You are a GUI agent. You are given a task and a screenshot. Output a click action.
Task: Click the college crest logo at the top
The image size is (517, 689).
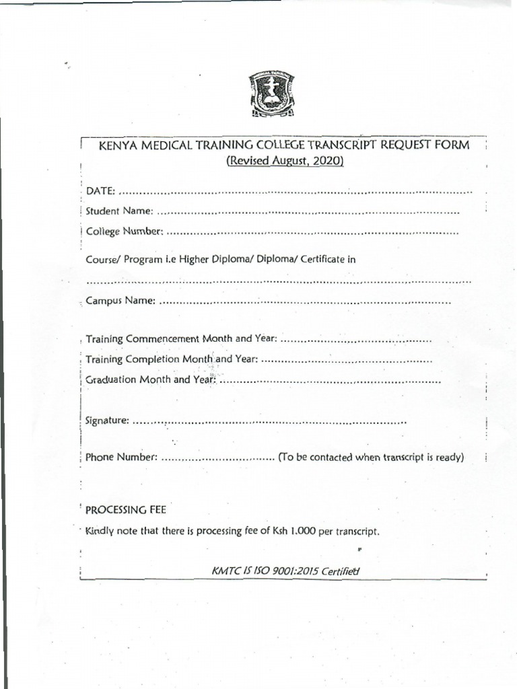coord(272,96)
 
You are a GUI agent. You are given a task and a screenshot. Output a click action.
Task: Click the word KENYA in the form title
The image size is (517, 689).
coord(116,146)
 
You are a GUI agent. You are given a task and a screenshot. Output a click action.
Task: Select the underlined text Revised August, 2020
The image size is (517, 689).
coord(284,161)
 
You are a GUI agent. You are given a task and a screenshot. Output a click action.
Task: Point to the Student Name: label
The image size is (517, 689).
coord(120,211)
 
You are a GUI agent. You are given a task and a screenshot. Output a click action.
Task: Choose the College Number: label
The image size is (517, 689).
coord(124,232)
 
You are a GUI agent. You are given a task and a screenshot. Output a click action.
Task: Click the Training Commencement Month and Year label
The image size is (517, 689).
coord(181,339)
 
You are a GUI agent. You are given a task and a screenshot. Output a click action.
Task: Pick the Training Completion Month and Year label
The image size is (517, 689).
coord(172,359)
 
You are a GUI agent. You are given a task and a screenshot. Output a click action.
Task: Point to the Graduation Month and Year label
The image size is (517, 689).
coord(150,379)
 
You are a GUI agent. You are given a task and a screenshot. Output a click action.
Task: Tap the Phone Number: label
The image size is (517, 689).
coord(122,458)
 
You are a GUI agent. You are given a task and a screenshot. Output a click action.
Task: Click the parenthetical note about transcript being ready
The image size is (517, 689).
coord(371,458)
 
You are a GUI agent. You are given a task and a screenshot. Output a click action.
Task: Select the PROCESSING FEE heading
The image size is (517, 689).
coord(125,509)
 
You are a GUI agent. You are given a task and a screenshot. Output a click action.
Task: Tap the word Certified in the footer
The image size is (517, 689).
coord(340,571)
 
